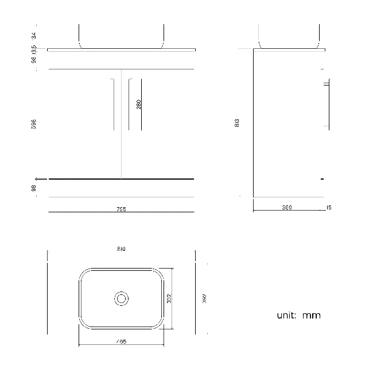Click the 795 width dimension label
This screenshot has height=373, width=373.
[x=121, y=209]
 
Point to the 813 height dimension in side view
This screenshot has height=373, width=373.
[x=237, y=123]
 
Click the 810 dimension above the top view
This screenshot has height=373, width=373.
[x=121, y=248]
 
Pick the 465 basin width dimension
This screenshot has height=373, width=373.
[x=121, y=341]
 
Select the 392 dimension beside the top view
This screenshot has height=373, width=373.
[x=203, y=299]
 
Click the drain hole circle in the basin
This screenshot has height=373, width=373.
[x=121, y=298]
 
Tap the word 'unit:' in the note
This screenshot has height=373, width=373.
[x=286, y=316]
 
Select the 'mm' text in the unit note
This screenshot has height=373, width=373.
[x=312, y=316]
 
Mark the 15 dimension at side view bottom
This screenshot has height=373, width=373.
[x=328, y=208]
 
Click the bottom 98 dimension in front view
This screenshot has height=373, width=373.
[x=34, y=188]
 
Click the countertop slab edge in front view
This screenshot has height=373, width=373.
[x=121, y=50]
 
